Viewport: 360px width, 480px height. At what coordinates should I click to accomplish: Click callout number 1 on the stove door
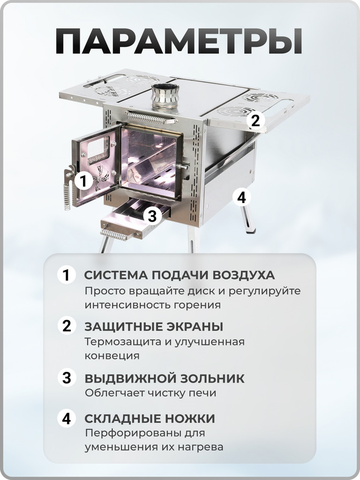click(83, 180)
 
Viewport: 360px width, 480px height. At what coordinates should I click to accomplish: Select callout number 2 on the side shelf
click(255, 120)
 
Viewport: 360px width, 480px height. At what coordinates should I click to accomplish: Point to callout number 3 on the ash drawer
click(151, 216)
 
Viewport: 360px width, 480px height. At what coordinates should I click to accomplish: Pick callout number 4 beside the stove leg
click(241, 197)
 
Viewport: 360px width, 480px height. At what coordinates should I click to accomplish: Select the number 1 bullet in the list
click(67, 275)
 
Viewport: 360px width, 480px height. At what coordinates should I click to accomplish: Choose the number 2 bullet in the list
click(67, 326)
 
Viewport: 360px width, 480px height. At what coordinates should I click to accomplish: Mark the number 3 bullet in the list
click(67, 377)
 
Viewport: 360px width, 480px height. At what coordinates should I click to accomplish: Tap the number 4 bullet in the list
click(67, 418)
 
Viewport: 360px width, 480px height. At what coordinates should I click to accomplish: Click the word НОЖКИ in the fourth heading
click(190, 418)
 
